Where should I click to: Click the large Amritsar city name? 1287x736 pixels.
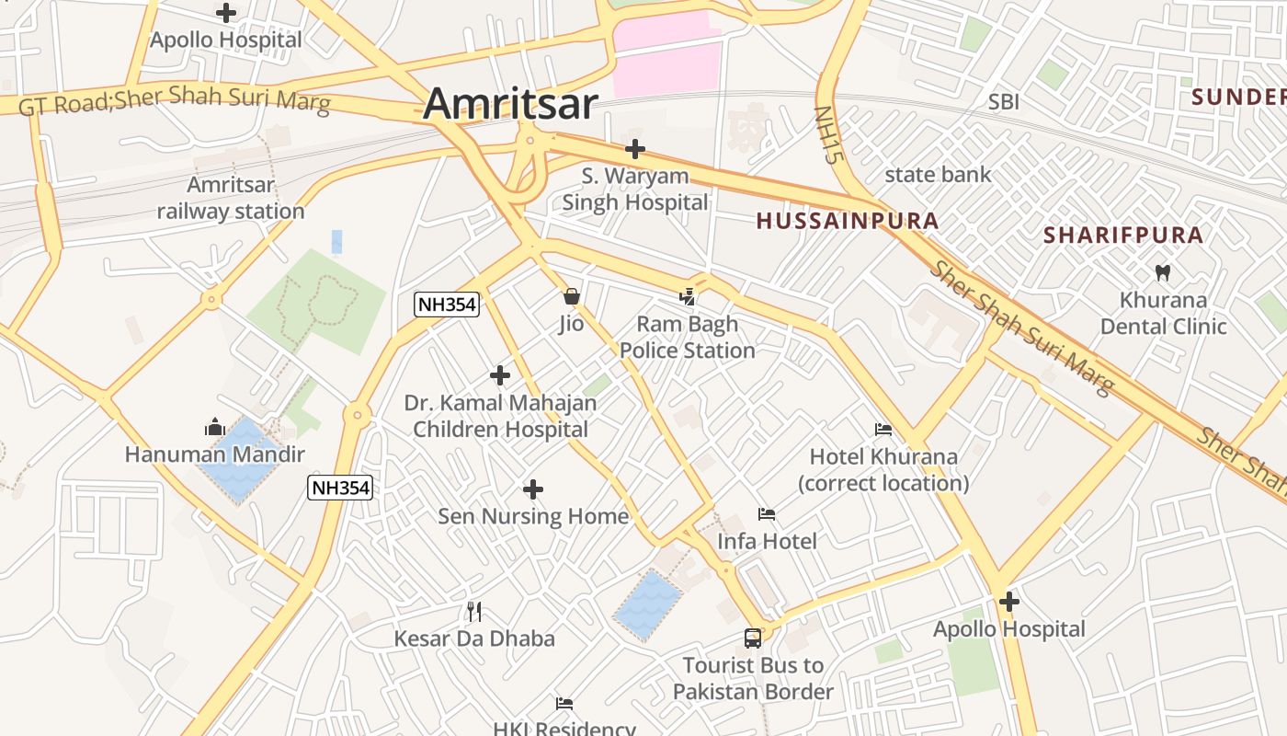point(510,103)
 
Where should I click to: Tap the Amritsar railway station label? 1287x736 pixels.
point(230,198)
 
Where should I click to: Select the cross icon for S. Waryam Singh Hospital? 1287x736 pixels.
point(634,149)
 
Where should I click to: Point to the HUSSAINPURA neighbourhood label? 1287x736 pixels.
point(847,221)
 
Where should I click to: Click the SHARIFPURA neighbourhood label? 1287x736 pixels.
point(1122,236)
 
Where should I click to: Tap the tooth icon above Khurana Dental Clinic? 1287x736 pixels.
point(1163,272)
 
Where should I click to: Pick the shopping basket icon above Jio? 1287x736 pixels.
point(571,296)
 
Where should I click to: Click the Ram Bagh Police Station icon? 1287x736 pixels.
point(687,296)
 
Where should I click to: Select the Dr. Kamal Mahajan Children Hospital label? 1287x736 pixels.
point(500,416)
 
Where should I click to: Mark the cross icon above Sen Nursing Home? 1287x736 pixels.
point(532,489)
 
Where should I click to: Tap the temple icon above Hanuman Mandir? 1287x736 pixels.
point(215,427)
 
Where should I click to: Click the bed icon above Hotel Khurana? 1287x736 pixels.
point(883,430)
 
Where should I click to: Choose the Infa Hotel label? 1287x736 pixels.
point(767,541)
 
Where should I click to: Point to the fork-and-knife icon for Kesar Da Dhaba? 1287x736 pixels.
point(474,612)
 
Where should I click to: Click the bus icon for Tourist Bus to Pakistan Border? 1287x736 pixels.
point(752,638)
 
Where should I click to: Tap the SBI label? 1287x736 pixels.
point(1003,102)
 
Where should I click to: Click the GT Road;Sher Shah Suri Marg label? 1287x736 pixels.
point(174,101)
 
